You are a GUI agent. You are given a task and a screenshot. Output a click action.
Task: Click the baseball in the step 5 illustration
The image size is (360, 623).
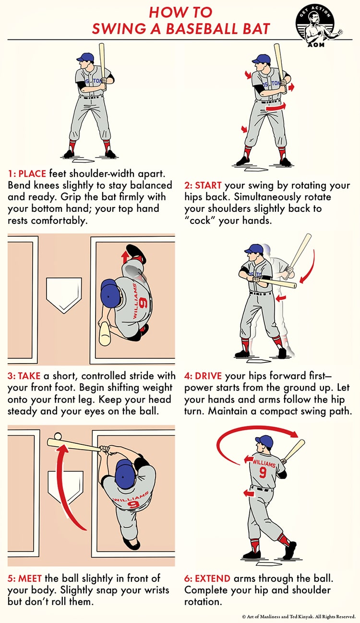(58, 436)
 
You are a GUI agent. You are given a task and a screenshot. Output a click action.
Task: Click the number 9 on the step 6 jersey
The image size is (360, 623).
(263, 472)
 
